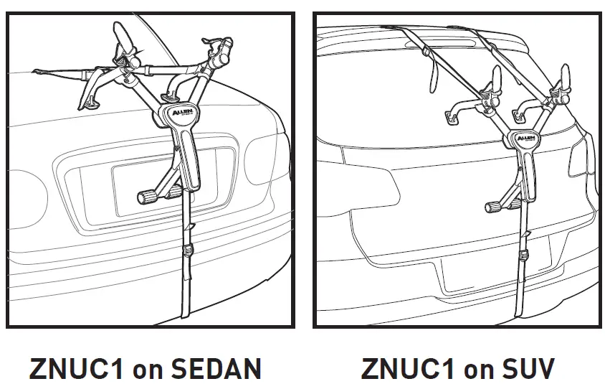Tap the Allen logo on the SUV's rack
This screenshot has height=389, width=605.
click(525, 136)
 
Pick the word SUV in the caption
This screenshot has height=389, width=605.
click(528, 370)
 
